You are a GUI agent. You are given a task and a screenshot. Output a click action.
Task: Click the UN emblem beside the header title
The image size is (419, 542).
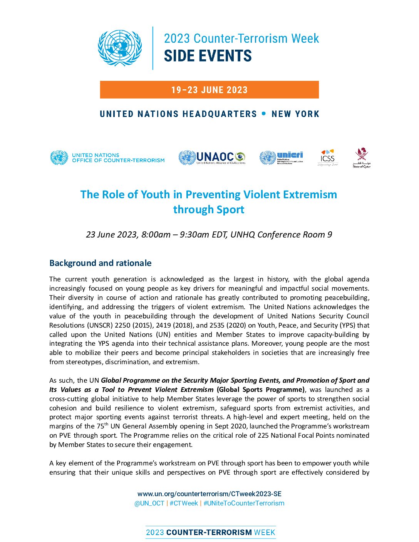click(x=120, y=48)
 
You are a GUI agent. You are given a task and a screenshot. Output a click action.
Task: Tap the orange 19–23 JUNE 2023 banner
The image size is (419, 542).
click(x=209, y=90)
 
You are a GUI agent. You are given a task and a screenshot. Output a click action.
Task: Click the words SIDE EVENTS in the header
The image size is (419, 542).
click(x=208, y=56)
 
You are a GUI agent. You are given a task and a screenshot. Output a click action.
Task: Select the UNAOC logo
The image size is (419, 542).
click(x=212, y=157)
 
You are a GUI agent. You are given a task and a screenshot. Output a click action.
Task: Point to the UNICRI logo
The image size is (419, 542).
click(x=281, y=157)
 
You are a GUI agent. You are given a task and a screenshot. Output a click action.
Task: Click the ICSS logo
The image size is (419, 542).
click(x=327, y=157)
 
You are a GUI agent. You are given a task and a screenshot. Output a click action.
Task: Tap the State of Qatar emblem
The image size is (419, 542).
click(x=361, y=158)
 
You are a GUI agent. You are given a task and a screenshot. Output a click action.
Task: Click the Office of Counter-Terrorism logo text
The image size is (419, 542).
click(x=118, y=158)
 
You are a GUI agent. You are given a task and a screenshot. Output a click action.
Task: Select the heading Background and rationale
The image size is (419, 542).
click(x=100, y=263)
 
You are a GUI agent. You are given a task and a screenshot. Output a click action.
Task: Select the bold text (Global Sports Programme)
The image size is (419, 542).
click(x=260, y=390)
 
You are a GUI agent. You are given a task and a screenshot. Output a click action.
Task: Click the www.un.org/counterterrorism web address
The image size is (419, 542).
click(x=209, y=494)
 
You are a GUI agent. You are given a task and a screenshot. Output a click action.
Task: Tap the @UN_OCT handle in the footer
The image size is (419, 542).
click(x=149, y=503)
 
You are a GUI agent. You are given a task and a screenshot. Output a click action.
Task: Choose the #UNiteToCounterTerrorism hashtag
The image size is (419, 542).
click(x=244, y=503)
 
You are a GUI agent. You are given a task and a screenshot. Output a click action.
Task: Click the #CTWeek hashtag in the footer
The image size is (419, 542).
click(x=184, y=503)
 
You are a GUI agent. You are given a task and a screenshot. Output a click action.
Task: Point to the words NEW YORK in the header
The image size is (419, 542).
click(x=295, y=114)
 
